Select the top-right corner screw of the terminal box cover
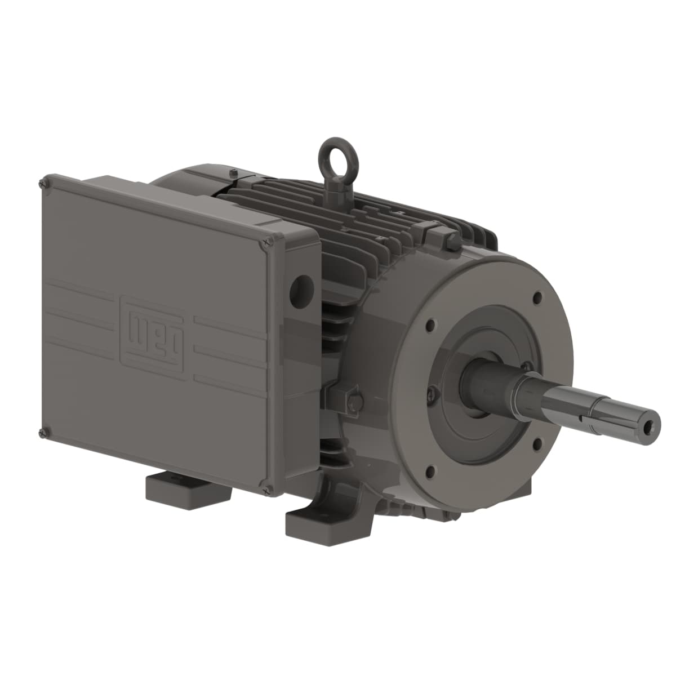[264, 243]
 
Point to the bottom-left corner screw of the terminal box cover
[42, 433]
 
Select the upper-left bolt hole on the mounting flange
[430, 324]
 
